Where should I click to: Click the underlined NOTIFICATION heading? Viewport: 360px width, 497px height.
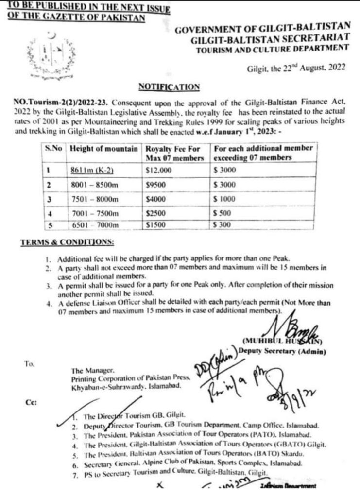169,87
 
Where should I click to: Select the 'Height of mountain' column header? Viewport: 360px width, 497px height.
103,148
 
